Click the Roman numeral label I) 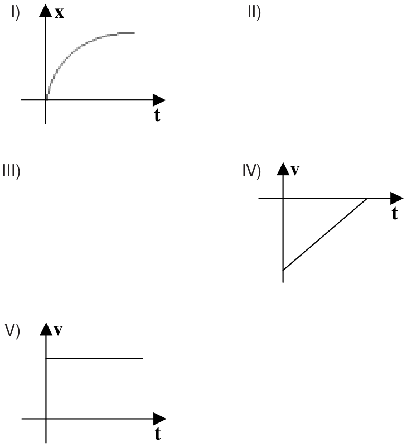pyautogui.click(x=16, y=13)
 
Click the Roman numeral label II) pyautogui.click(x=254, y=13)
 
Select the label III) pyautogui.click(x=11, y=172)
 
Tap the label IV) pyautogui.click(x=251, y=172)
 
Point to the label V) pyautogui.click(x=12, y=331)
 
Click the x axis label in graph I pyautogui.click(x=59, y=13)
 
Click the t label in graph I pyautogui.click(x=157, y=115)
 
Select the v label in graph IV pyautogui.click(x=295, y=170)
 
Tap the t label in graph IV pyautogui.click(x=395, y=213)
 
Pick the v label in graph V pyautogui.click(x=58, y=330)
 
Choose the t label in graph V pyautogui.click(x=158, y=434)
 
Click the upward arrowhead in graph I pyautogui.click(x=45, y=10)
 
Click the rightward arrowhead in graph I pyautogui.click(x=159, y=100)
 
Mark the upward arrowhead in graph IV pyautogui.click(x=283, y=169)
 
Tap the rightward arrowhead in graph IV pyautogui.click(x=397, y=198)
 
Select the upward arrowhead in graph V pyautogui.click(x=46, y=329)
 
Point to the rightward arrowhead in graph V pyautogui.click(x=160, y=419)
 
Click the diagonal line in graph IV pyautogui.click(x=325, y=234)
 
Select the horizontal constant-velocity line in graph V pyautogui.click(x=94, y=358)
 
